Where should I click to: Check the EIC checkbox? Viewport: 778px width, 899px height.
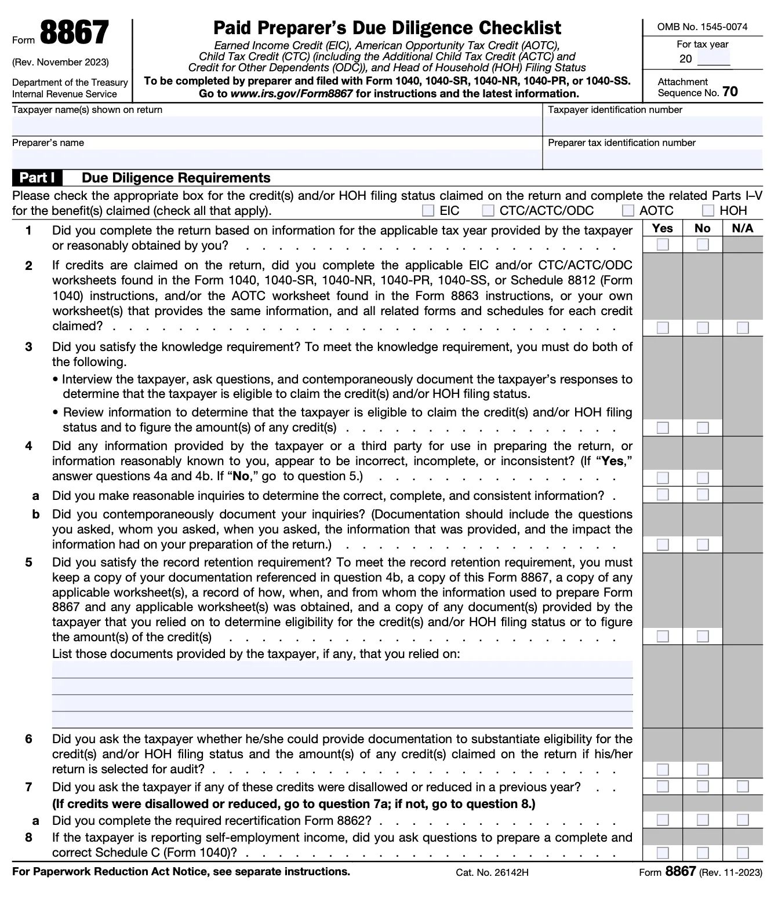(428, 211)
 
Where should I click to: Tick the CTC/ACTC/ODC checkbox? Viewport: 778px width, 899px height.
(488, 211)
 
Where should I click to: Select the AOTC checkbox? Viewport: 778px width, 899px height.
(628, 211)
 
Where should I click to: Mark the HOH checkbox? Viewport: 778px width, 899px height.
(708, 211)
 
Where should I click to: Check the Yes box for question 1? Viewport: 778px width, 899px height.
(663, 245)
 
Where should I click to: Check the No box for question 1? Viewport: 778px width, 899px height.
(703, 245)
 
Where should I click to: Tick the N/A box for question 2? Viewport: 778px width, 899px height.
(743, 328)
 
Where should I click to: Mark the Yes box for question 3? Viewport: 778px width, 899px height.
(663, 428)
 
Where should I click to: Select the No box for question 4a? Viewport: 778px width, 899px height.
(703, 495)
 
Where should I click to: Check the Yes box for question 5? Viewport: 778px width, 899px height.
(663, 637)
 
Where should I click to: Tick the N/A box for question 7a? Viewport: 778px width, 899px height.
(743, 820)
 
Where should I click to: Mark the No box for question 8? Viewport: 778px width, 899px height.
(703, 853)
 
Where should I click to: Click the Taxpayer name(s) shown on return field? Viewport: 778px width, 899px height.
(276, 126)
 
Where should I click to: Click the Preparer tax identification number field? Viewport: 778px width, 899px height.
(653, 159)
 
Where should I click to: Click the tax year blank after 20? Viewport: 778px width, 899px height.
(714, 59)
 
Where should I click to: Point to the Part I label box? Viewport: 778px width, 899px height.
(37, 178)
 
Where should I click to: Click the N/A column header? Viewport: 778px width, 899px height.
(743, 228)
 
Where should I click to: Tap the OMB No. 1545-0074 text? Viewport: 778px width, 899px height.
(702, 27)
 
